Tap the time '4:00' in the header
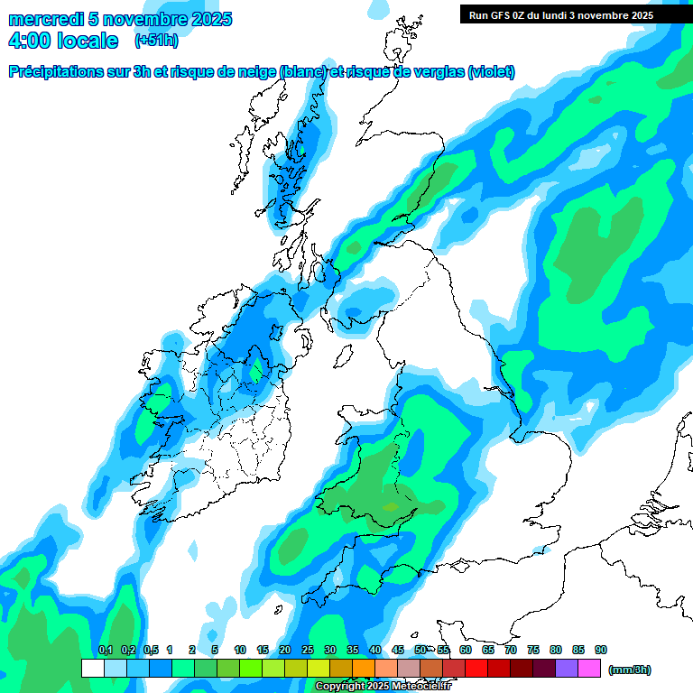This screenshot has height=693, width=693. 31,41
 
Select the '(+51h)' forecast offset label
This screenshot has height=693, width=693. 156,41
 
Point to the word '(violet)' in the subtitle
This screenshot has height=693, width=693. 492,72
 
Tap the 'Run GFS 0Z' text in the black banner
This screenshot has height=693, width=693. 500,14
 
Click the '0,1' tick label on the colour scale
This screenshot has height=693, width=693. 105,651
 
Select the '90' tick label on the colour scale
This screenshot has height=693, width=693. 601,651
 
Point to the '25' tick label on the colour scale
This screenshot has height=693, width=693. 308,651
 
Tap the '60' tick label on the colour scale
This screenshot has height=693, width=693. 466,651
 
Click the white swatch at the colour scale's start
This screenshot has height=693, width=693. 92,668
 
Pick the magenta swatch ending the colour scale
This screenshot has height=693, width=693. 589,668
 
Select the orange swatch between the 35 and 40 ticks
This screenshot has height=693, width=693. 364,668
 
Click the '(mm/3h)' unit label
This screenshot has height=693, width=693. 630,670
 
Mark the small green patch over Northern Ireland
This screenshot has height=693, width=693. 258,369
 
